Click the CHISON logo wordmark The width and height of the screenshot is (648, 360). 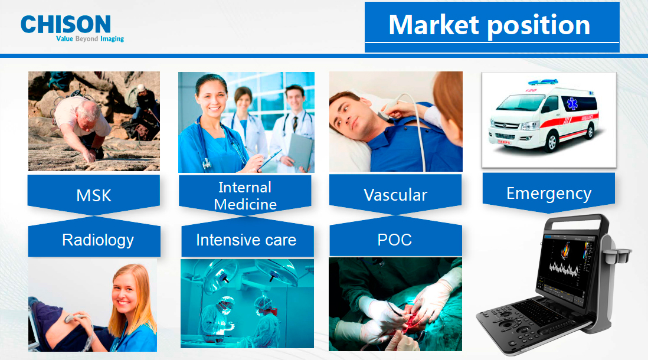click(66, 24)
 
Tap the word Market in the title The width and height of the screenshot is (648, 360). click(434, 25)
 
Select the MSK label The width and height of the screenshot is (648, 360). click(94, 195)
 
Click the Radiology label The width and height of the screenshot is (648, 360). click(98, 240)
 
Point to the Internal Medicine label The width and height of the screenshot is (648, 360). click(245, 196)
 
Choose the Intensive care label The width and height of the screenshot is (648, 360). click(246, 240)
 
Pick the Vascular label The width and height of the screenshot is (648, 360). click(395, 195)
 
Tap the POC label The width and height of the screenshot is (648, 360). click(395, 240)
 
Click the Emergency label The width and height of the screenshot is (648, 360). click(549, 194)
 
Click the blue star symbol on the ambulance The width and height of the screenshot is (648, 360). click(572, 104)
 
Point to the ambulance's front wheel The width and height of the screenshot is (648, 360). click(551, 142)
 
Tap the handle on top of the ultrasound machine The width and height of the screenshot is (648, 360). click(576, 221)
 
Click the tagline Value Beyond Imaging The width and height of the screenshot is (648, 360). click(90, 39)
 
